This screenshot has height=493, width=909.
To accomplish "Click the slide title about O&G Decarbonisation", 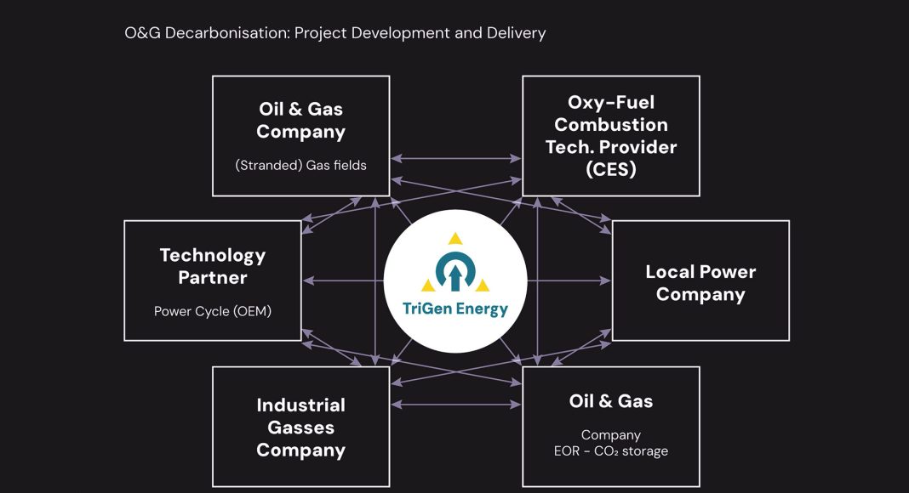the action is [335, 33].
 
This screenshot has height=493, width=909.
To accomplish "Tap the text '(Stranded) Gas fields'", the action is [301, 165].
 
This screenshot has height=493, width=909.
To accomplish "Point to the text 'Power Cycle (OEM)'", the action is [213, 311].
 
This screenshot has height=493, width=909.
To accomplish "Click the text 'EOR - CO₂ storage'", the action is [611, 450].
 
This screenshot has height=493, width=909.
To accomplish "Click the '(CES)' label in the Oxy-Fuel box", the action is [611, 169].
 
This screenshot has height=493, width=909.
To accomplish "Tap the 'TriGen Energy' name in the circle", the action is [455, 309].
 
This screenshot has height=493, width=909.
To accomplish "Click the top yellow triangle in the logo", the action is [455, 238].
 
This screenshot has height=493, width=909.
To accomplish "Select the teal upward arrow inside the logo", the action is [455, 276].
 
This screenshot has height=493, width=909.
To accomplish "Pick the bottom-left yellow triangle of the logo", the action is [428, 285].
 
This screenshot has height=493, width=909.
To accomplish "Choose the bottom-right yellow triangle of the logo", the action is [483, 285].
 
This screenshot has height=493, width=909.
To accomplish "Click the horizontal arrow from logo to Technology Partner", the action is [343, 280].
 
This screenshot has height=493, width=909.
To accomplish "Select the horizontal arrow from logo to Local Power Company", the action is [569, 280].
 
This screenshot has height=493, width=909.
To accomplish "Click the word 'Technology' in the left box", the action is [213, 256].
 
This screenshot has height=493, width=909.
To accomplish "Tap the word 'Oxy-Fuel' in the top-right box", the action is [611, 102].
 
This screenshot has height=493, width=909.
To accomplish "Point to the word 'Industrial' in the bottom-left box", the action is [301, 405].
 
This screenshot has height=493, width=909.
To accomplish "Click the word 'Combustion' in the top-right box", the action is [611, 124].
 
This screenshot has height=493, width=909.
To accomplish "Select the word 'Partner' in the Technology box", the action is [213, 278].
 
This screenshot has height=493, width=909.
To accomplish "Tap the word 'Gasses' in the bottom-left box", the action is [301, 428].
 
